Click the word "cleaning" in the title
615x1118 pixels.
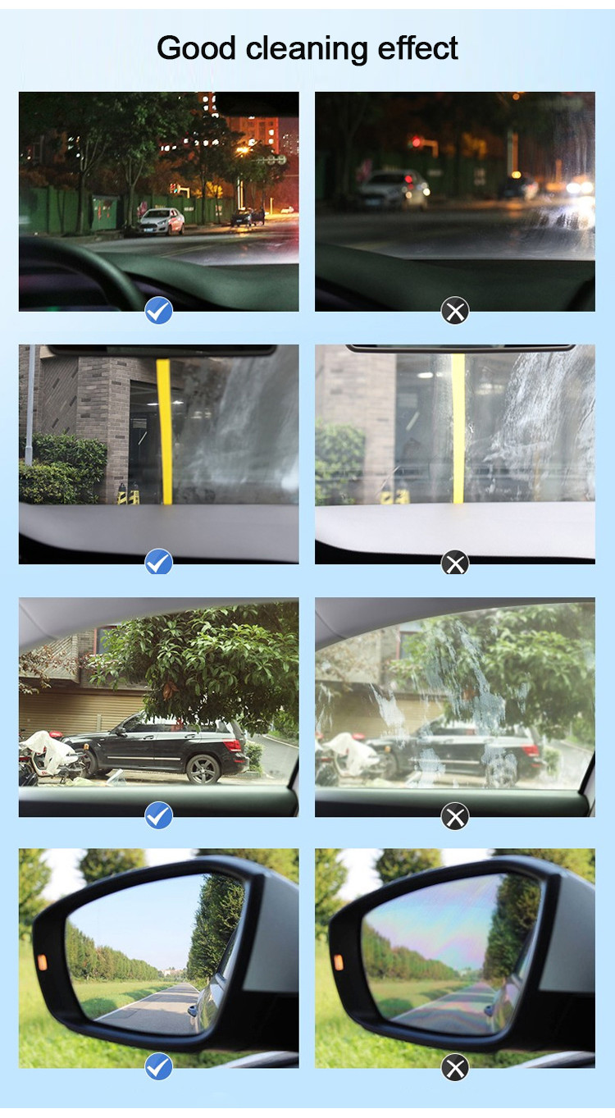click(307, 48)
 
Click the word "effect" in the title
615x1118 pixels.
click(417, 48)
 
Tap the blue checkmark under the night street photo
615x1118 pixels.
click(158, 311)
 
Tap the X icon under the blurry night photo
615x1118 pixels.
click(455, 311)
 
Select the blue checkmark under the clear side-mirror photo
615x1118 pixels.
click(158, 1067)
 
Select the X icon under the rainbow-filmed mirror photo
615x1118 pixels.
click(455, 1067)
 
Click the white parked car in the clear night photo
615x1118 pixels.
click(161, 221)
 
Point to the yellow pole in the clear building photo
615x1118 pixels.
click(165, 431)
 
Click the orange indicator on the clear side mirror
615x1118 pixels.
click(41, 962)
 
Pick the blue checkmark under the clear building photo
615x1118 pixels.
click(158, 563)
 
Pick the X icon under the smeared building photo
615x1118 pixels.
click(455, 563)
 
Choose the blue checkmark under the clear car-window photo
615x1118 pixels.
click(158, 815)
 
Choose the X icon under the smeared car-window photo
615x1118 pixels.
click(455, 815)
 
